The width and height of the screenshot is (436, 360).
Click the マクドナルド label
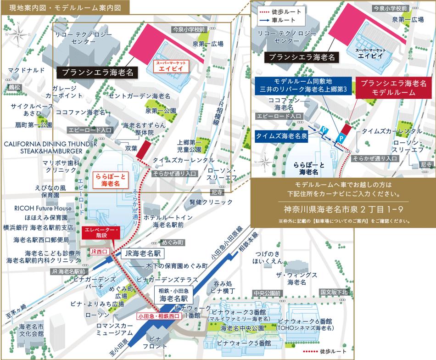26,70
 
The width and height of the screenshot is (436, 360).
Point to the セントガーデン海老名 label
140,96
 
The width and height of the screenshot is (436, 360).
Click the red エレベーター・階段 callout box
101,232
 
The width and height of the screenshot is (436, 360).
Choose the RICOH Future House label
40,208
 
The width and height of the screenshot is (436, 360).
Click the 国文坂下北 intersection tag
334,292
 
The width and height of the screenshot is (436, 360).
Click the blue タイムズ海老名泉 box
281,135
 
